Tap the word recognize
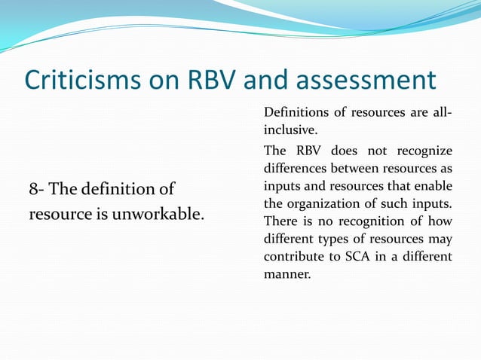(425, 150)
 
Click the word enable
(435, 185)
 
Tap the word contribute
(290, 257)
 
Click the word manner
(286, 275)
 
